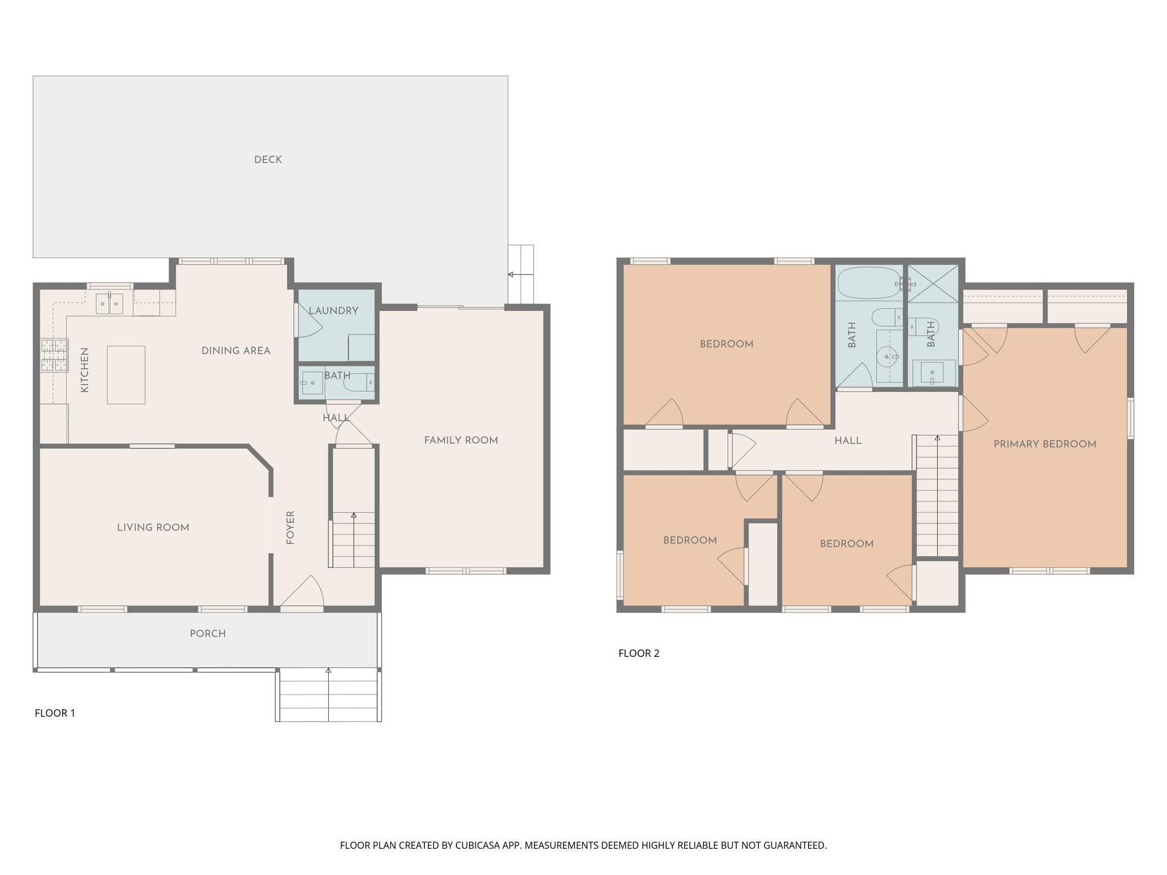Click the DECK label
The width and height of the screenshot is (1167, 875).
pyautogui.click(x=268, y=160)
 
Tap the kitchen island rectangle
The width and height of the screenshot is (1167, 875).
pyautogui.click(x=126, y=375)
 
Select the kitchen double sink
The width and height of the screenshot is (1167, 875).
pyautogui.click(x=109, y=304)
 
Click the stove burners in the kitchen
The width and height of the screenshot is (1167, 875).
pyautogui.click(x=54, y=355)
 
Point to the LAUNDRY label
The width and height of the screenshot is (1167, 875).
pyautogui.click(x=333, y=310)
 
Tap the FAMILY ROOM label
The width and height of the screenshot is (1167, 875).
pyautogui.click(x=460, y=440)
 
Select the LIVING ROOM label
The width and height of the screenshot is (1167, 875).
pyautogui.click(x=153, y=528)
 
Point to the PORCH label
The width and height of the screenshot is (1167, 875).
pyautogui.click(x=207, y=633)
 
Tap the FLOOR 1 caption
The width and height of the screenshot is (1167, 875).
pyautogui.click(x=55, y=713)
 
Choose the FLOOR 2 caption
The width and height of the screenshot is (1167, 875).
pyautogui.click(x=639, y=653)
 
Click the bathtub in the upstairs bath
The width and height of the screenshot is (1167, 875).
pyautogui.click(x=869, y=283)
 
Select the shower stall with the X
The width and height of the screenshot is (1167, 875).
pyautogui.click(x=932, y=283)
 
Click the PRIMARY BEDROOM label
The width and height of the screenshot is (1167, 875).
pyautogui.click(x=1044, y=444)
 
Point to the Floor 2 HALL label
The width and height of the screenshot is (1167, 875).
pyautogui.click(x=847, y=440)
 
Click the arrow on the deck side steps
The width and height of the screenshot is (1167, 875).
pyautogui.click(x=511, y=275)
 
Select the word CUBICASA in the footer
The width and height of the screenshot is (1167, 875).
pyautogui.click(x=476, y=845)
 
